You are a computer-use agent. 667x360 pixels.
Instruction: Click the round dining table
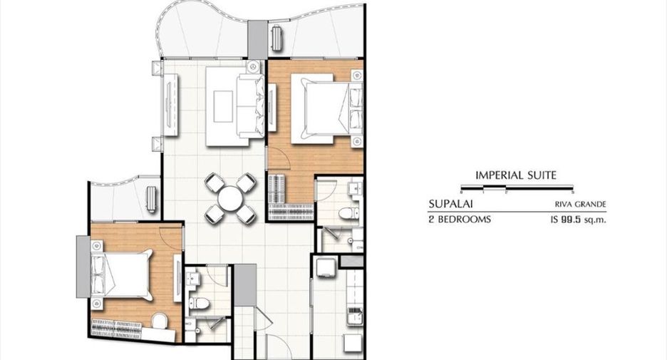[229, 199]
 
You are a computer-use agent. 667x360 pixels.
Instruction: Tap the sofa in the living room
[252, 106]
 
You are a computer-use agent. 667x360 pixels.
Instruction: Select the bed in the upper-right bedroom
[326, 108]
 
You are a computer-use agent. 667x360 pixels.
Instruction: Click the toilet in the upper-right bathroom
[347, 212]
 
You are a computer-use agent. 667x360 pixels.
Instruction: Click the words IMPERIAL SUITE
[515, 175]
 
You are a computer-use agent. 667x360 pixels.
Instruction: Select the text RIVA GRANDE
[580, 205]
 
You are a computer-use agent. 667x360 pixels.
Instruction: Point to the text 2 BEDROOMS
[460, 220]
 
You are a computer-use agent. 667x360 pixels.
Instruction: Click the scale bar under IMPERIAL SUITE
[517, 187]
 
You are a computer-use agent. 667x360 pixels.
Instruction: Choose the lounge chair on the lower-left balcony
[152, 199]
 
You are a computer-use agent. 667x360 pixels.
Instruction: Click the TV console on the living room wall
[170, 105]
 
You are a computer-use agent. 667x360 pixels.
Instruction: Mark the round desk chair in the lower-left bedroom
[160, 322]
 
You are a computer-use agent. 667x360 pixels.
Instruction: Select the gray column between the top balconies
[258, 40]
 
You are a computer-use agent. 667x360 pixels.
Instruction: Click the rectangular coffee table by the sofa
[223, 106]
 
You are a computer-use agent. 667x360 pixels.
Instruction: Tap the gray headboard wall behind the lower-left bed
[83, 267]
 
